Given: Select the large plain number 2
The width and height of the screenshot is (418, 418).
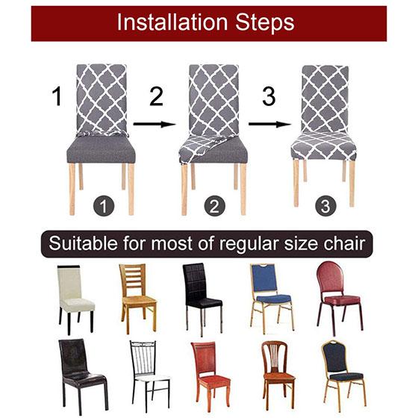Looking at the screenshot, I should click(x=156, y=97).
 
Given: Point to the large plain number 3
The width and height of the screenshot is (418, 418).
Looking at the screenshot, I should click(x=269, y=97).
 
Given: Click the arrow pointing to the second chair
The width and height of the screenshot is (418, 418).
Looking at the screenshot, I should click(x=155, y=125).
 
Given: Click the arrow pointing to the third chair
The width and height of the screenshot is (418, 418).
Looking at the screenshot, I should click(x=269, y=125).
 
